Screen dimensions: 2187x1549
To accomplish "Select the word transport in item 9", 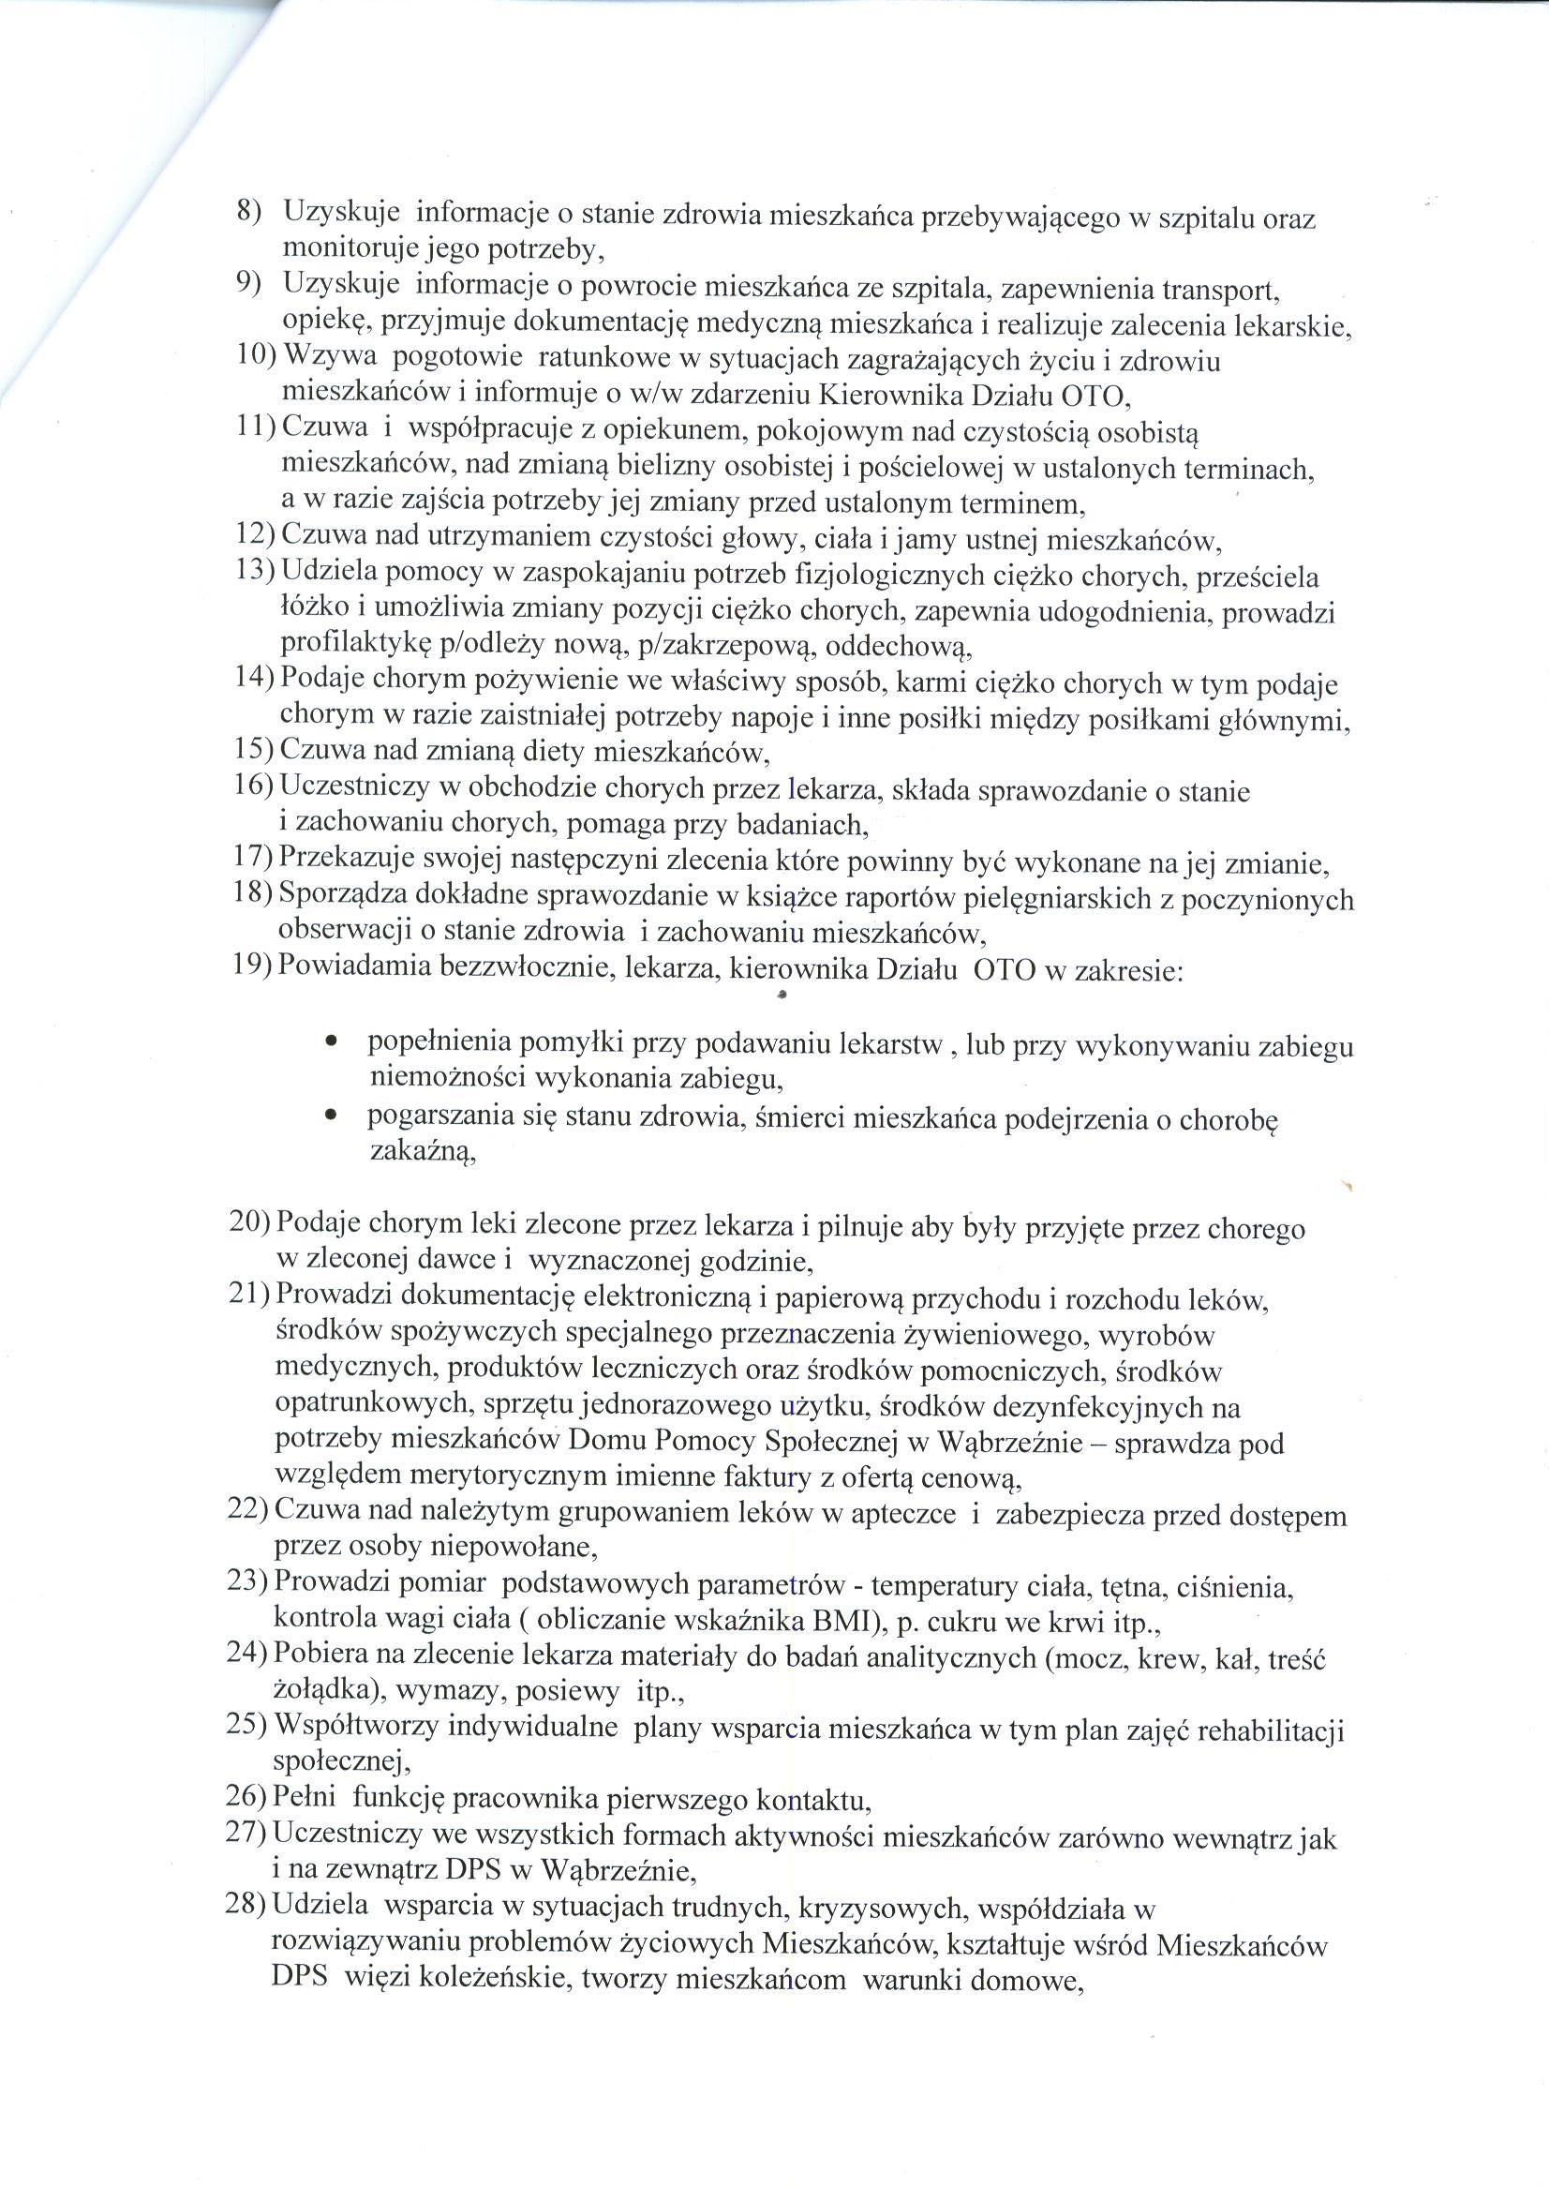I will tap(1241, 288).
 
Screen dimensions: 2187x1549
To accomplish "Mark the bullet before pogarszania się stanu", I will tap(330, 1115).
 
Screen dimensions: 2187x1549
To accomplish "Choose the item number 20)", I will tap(250, 1222).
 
